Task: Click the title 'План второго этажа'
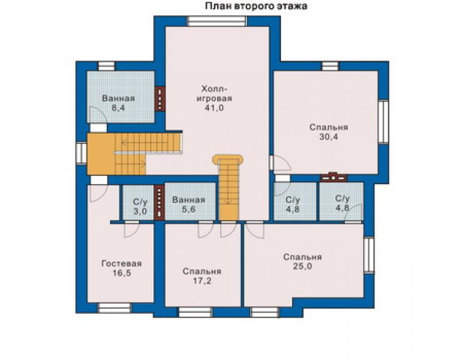tap(256, 6)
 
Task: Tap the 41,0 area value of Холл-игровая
tap(214, 108)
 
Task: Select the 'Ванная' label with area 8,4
tap(118, 98)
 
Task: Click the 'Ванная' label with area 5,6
tap(188, 200)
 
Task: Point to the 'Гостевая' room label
tap(121, 264)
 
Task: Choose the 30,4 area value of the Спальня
tap(328, 137)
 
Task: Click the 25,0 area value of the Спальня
tap(302, 266)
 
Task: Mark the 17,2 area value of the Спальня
tap(202, 280)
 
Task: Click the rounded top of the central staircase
tap(228, 158)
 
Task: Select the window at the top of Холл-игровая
tap(216, 21)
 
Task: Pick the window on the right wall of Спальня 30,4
tap(383, 121)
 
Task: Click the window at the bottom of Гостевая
tap(114, 307)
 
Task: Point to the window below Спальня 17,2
tap(196, 312)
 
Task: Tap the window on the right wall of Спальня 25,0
tap(369, 255)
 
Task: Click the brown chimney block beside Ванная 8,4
tap(160, 98)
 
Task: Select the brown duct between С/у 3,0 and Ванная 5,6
tap(159, 203)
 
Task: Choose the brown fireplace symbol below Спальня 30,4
tap(333, 177)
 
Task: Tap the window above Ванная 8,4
tap(106, 66)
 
